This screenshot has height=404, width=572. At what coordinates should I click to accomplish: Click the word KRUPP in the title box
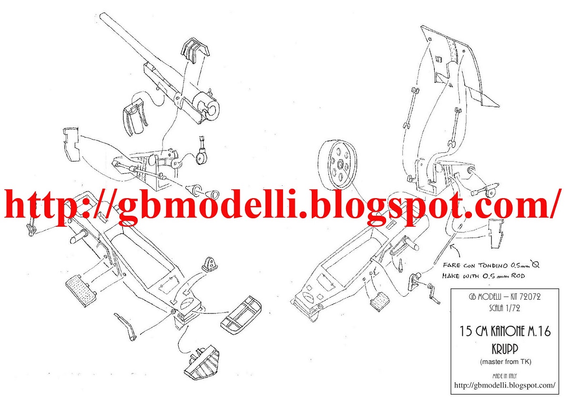click(x=505, y=349)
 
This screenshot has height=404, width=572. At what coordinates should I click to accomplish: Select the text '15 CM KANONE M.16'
click(x=505, y=332)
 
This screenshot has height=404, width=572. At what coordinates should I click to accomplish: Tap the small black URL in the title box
click(x=505, y=385)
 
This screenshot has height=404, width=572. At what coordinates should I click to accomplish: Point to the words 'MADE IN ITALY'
click(x=505, y=376)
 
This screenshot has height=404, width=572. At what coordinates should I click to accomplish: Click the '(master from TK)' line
click(x=505, y=362)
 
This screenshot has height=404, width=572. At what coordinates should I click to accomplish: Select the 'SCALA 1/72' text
click(x=505, y=309)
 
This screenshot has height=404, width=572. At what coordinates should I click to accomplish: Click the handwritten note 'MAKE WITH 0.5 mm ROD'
click(x=483, y=276)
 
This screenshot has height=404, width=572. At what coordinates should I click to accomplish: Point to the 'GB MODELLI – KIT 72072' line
click(x=505, y=297)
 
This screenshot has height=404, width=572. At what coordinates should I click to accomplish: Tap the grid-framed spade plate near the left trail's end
click(x=241, y=315)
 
